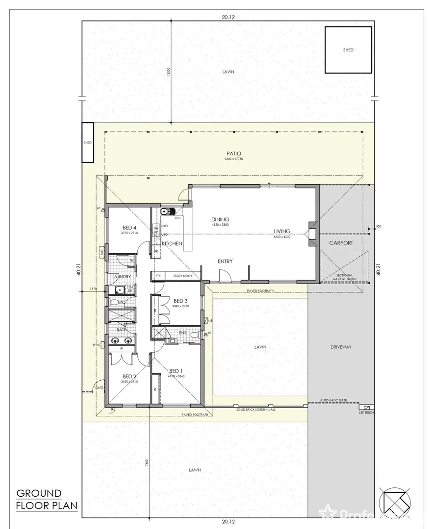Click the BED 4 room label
coord(129,228)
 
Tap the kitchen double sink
coord(167,212)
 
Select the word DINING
coord(220,219)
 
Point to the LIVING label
coord(282,231)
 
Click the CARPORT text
coord(341,242)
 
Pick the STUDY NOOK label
coord(182,276)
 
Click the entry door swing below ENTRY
coord(225,277)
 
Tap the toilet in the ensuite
coord(195,335)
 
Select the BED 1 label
coord(176,371)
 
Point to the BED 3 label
coord(180,301)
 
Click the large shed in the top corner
coord(348,50)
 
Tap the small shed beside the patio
coord(88,143)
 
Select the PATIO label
coord(234,154)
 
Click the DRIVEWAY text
coord(341,347)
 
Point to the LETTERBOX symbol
coord(365,407)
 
